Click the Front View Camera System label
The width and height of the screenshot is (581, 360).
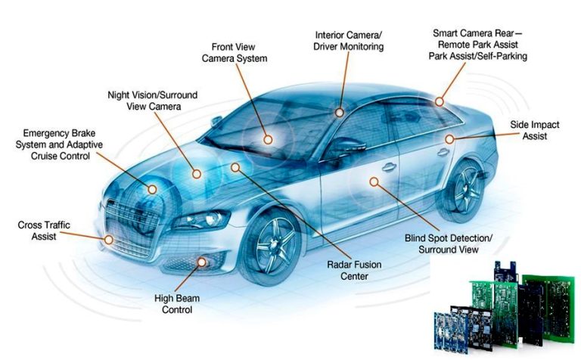(x=235, y=53)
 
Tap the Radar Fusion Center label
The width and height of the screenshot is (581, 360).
(x=354, y=270)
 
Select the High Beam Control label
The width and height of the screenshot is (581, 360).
(x=177, y=304)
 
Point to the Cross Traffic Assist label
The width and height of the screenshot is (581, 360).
(x=44, y=231)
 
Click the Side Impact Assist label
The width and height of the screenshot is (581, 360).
(x=535, y=130)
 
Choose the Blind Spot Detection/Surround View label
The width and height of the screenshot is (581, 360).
(x=449, y=244)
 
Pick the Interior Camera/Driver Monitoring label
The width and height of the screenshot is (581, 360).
(x=348, y=41)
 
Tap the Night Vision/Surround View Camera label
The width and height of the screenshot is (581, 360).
(x=153, y=101)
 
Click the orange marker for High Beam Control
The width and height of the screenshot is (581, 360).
(x=202, y=262)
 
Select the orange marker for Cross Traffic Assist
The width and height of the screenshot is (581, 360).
(x=109, y=240)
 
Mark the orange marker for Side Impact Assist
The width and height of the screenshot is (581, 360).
(x=449, y=139)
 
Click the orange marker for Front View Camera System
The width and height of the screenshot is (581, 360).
(x=268, y=140)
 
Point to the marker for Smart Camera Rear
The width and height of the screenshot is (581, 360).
(x=440, y=101)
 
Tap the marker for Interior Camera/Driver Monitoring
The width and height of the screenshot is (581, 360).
(x=339, y=113)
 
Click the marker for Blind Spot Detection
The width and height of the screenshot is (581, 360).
(x=374, y=182)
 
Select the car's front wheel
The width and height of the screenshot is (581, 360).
(x=272, y=246)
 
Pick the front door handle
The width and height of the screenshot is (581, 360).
(x=389, y=166)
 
